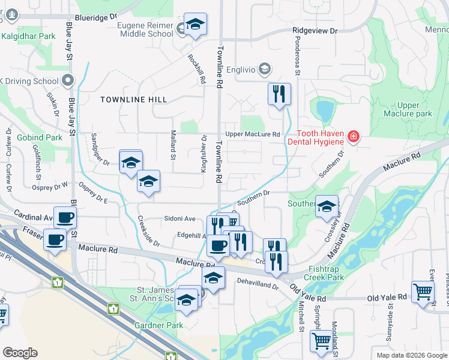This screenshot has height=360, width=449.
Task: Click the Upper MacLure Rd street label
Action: click(x=253, y=134)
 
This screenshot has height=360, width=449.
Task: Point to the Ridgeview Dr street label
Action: click(x=315, y=30)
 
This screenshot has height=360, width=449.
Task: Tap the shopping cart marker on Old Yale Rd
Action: click(x=423, y=292)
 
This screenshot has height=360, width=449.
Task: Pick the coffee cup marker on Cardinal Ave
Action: click(x=65, y=217)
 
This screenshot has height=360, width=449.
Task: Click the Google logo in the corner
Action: click(x=20, y=353)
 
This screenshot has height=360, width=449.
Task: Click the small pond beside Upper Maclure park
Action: click(x=325, y=110)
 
